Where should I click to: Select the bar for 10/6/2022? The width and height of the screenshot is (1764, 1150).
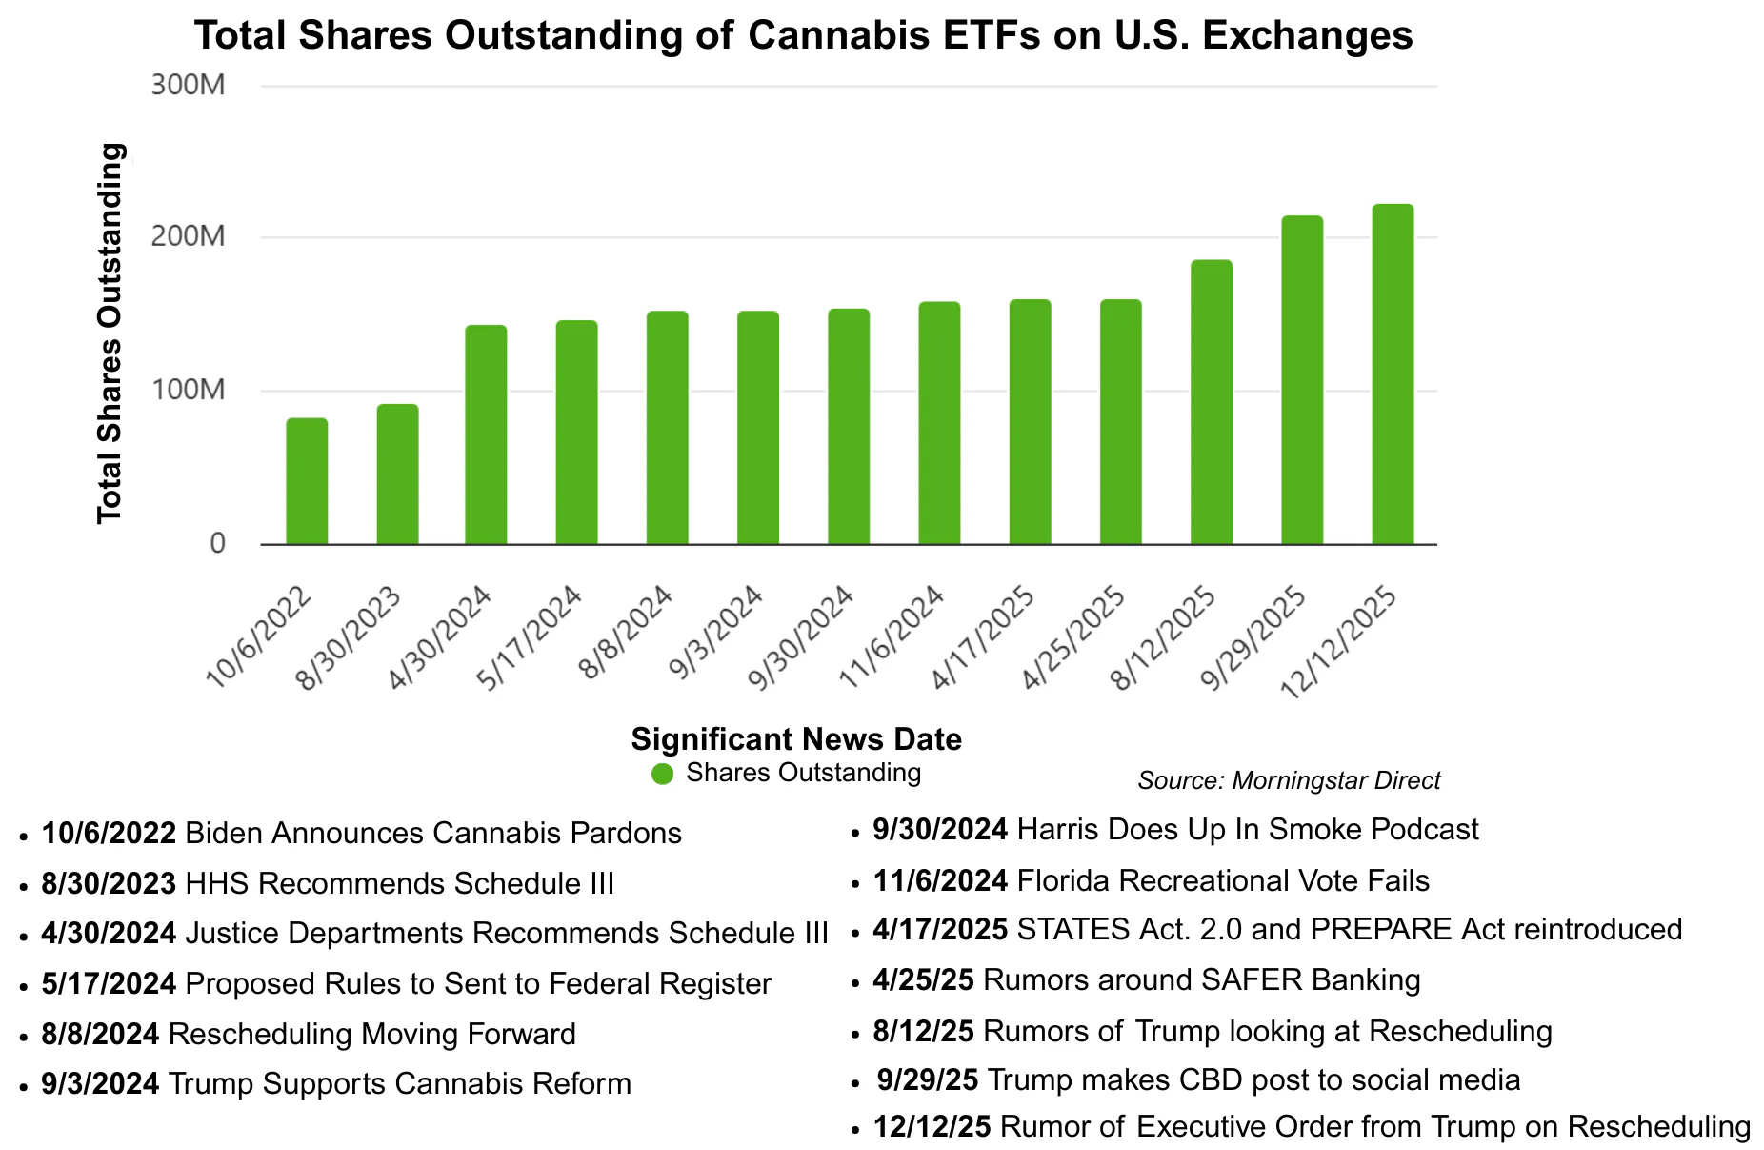pos(307,481)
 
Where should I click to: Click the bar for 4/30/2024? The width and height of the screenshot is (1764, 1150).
pos(486,434)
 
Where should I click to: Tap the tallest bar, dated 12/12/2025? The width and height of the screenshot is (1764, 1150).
pos(1393,374)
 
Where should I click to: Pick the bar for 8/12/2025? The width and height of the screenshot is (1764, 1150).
pos(1211,402)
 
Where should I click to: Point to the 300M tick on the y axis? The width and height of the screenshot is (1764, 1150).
pos(188,85)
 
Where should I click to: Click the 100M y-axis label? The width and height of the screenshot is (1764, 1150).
pos(188,390)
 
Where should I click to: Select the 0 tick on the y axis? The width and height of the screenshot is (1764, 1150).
pos(217,543)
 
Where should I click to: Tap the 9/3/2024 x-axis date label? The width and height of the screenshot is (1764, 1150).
pos(715,633)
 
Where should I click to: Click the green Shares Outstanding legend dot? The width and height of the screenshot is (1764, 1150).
pos(662,774)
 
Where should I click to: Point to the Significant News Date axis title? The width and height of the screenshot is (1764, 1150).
pos(796,739)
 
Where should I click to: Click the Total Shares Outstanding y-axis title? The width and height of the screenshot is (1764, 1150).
pos(110,333)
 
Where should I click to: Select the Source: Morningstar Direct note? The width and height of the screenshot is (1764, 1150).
pos(1288,781)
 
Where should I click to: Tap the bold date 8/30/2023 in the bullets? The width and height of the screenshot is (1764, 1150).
pos(109,883)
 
